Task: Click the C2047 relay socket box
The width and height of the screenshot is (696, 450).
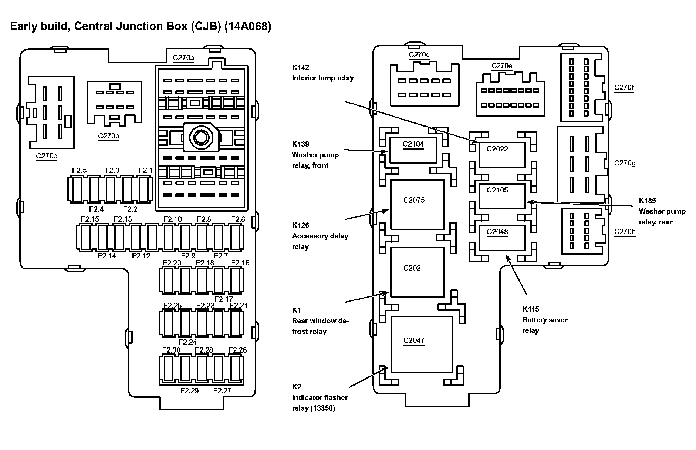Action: coord(422,344)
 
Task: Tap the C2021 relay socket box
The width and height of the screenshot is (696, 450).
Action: coord(417,272)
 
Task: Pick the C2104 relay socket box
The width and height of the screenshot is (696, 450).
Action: coord(413,150)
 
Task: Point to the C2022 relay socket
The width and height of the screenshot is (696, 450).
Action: coord(502,154)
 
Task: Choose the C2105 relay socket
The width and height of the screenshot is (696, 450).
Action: coord(502,196)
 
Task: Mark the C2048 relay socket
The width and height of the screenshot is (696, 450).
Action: coord(502,237)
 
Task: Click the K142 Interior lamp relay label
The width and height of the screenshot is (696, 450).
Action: coord(322,73)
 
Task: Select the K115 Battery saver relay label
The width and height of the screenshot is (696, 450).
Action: coord(544,320)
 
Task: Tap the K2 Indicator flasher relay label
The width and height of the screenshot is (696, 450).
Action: coord(320,397)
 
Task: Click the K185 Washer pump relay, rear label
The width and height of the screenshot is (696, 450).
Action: coord(662,211)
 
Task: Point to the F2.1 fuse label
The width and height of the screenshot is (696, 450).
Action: coord(145,170)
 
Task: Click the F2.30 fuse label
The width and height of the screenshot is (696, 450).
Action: coord(171,350)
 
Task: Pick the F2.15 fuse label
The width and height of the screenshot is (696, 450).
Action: coord(90,219)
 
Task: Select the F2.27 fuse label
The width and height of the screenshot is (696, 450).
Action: coord(222,390)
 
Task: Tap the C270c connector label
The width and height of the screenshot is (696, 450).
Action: coord(47,156)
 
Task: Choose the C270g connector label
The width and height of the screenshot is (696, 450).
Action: coord(625,163)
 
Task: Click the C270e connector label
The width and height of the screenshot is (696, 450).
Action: coord(501,66)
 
